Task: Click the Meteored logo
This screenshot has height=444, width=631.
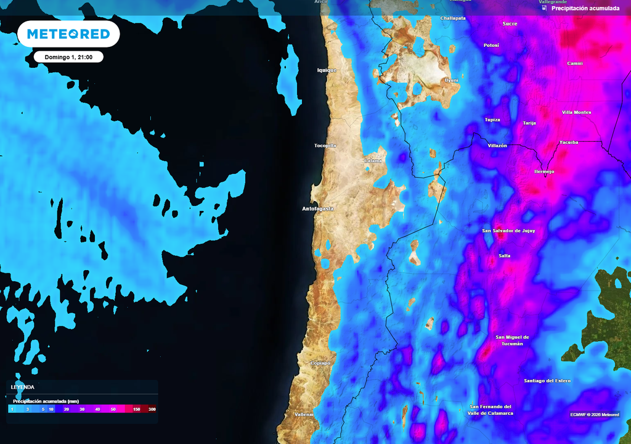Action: pos(68,34)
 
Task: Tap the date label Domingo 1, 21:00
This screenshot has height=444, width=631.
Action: pos(68,57)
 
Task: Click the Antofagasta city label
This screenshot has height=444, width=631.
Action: pos(318,209)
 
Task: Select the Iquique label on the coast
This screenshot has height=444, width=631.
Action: pos(327,70)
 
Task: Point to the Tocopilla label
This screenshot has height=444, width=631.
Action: pos(325,146)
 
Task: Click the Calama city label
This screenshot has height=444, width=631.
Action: pos(373,160)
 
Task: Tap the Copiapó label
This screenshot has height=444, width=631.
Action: pos(320,363)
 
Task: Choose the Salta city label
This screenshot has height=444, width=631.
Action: pos(504,255)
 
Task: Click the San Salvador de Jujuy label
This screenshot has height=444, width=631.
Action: pos(508,231)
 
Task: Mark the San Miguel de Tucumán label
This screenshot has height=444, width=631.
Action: pos(512,340)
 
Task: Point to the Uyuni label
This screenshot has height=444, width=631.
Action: pos(452,80)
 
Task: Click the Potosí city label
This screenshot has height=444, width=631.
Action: pos(491,45)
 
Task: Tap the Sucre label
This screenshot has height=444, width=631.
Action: pos(510,23)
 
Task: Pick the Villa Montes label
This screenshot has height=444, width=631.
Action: pos(576,112)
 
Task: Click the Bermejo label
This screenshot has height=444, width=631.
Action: pos(544,171)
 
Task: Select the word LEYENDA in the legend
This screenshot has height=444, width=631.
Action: pos(23,387)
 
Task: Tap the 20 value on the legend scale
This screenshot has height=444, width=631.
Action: pos(66,409)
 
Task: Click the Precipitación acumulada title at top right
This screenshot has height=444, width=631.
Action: pos(585,9)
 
